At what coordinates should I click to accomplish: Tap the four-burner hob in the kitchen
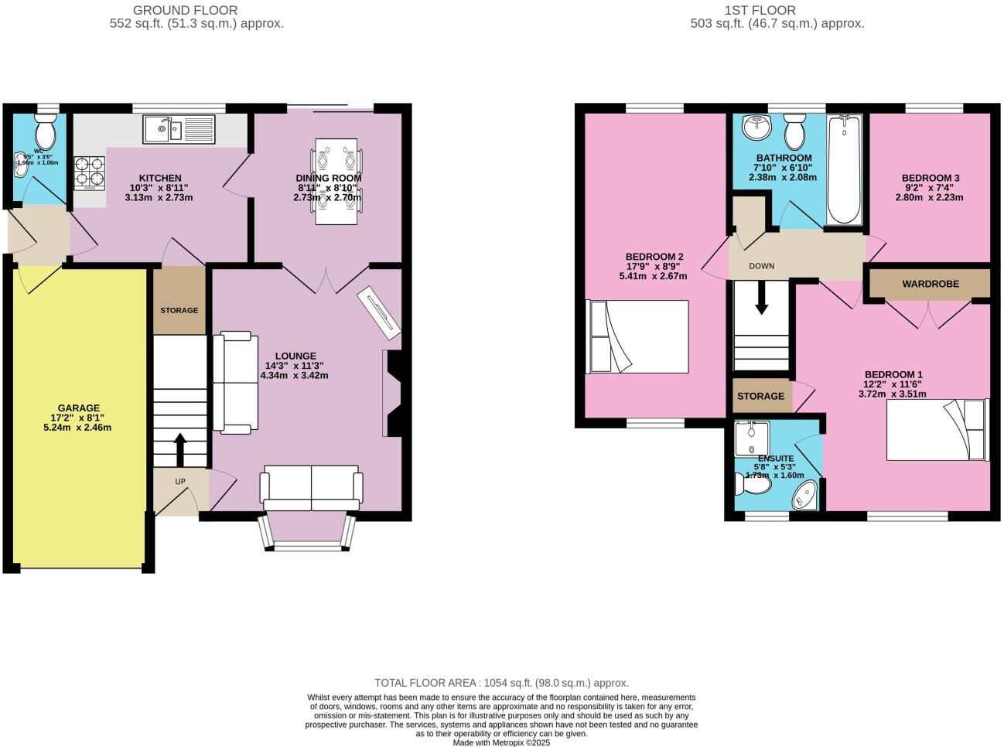89,173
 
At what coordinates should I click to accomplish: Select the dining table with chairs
336,181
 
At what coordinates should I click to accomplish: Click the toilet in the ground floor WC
46,133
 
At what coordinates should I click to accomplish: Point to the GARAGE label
78,408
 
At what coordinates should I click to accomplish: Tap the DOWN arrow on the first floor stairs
761,298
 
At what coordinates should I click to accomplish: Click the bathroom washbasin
753,126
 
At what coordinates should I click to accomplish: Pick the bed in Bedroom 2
638,336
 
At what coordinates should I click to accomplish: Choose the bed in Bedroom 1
937,430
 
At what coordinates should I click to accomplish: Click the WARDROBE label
930,284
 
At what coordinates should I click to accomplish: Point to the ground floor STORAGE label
179,310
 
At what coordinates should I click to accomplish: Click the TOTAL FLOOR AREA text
501,683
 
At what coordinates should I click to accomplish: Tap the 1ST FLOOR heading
760,10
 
